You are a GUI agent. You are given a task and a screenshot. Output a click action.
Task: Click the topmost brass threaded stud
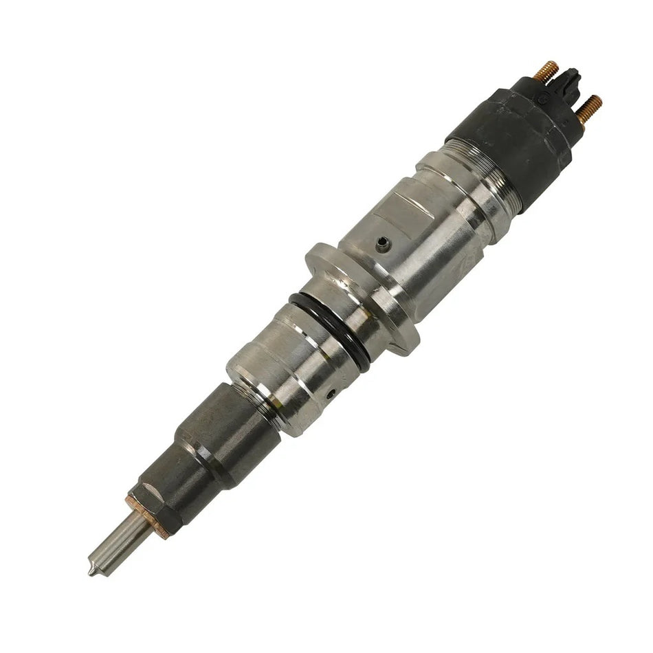pyautogui.click(x=547, y=70)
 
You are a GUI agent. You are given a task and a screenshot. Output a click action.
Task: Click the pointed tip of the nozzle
pyautogui.click(x=92, y=571)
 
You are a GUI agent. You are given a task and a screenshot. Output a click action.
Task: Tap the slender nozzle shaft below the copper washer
pyautogui.click(x=117, y=543)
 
